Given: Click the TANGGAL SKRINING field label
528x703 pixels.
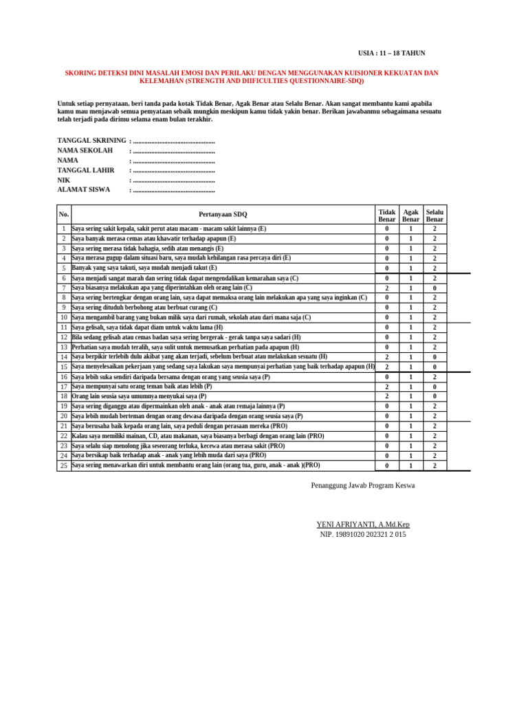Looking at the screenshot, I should click(91, 141).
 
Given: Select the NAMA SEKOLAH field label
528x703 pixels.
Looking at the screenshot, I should click(84, 150).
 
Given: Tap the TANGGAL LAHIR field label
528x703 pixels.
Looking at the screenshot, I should click(86, 170).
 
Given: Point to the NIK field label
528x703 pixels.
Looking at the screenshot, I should click(63, 180).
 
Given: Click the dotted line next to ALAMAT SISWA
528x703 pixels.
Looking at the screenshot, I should click(173, 190).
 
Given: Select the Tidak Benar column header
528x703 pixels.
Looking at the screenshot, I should click(387, 216).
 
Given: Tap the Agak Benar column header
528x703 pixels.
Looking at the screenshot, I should click(411, 216).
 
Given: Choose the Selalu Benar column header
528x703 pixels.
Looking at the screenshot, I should click(434, 216).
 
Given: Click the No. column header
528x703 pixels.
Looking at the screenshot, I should click(64, 214).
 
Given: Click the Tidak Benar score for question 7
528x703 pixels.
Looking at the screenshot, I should click(387, 288).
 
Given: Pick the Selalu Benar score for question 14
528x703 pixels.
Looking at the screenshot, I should click(434, 357).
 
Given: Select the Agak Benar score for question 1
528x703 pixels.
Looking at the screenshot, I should click(411, 229).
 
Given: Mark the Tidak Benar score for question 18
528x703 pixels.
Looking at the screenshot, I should click(387, 396).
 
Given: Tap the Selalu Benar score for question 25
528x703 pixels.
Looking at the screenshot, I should click(434, 465).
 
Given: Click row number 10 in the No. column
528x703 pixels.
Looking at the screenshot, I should click(63, 318).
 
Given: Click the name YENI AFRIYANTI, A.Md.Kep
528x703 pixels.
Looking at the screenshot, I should click(362, 525).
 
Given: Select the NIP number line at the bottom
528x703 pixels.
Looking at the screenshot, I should click(363, 534).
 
